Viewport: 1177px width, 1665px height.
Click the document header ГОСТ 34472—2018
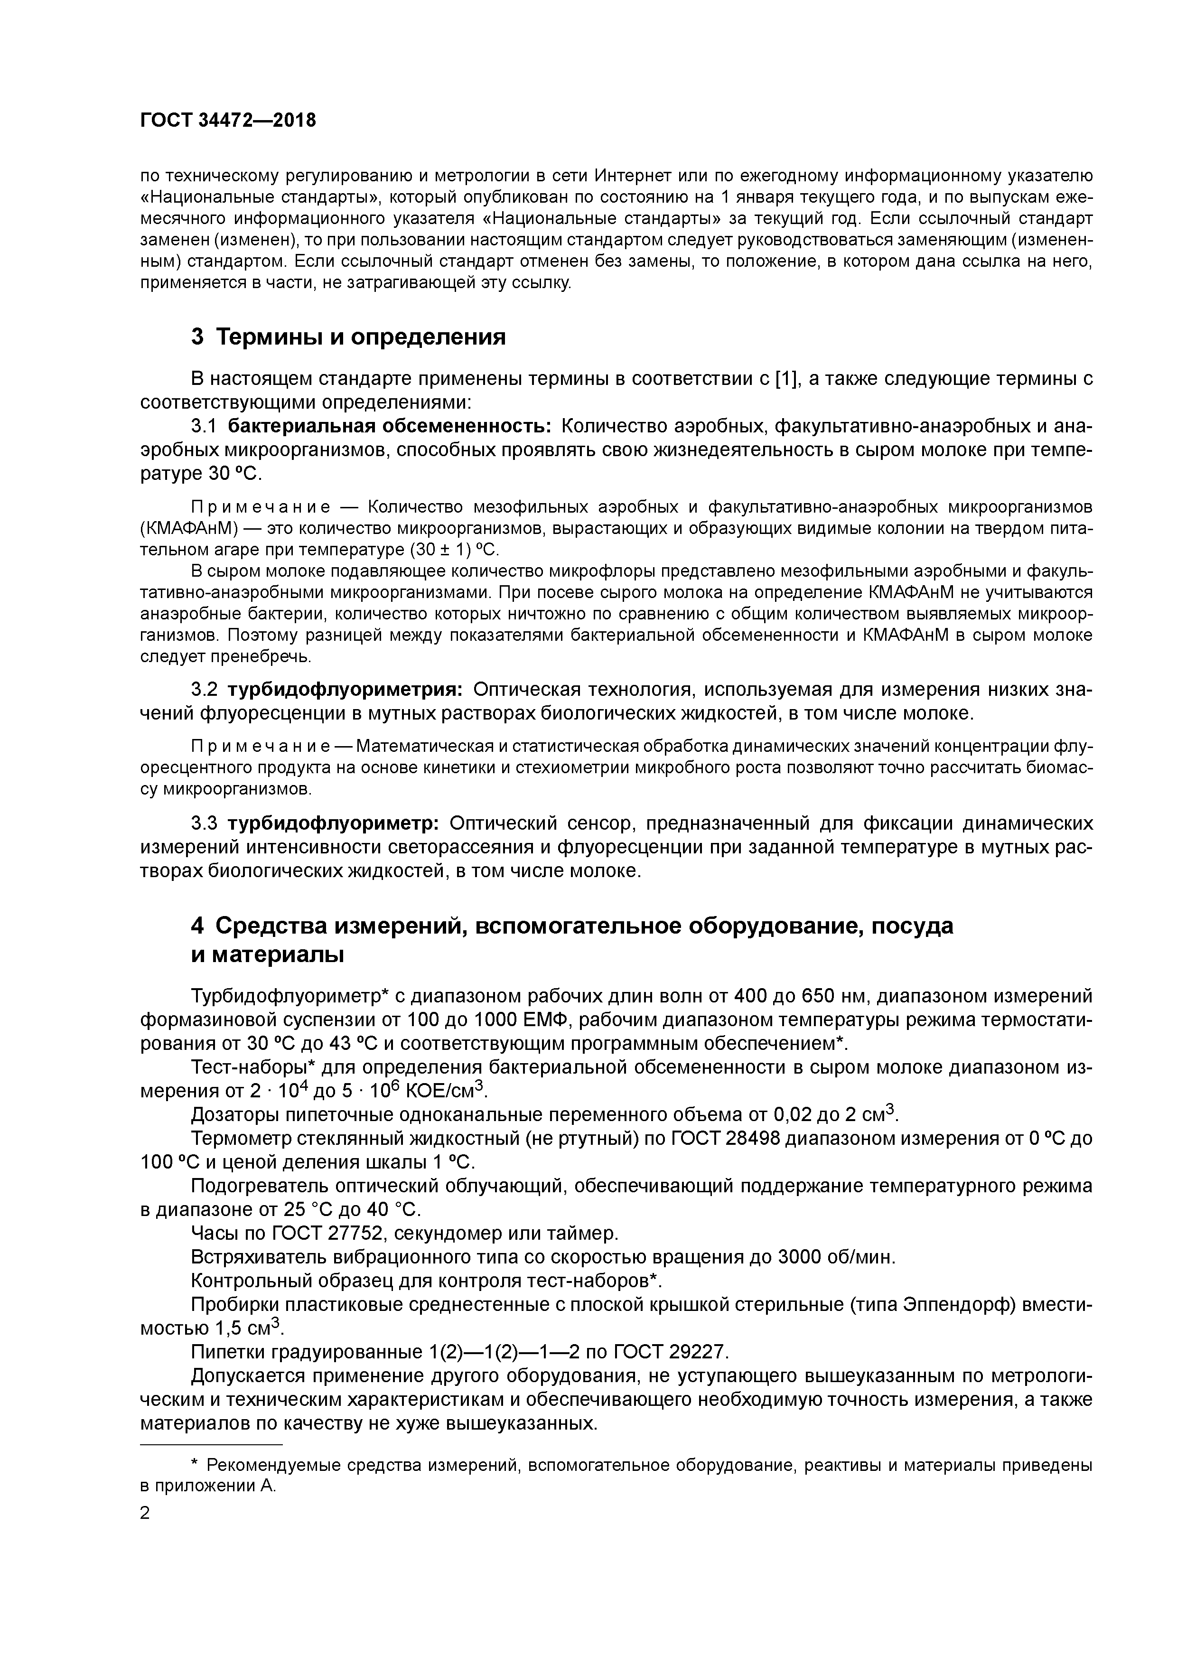click(x=228, y=121)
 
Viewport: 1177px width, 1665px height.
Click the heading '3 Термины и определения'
click(x=348, y=337)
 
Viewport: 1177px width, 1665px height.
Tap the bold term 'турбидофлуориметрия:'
click(x=345, y=689)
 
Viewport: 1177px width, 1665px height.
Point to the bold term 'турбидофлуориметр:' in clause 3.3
click(x=333, y=824)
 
